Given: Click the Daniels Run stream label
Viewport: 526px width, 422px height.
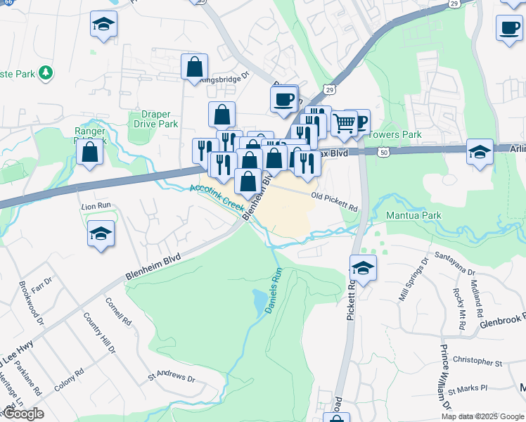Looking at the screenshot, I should pyautogui.click(x=272, y=293).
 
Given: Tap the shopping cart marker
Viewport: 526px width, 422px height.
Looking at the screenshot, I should pyautogui.click(x=344, y=124).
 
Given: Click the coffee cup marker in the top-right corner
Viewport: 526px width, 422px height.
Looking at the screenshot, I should pyautogui.click(x=509, y=28).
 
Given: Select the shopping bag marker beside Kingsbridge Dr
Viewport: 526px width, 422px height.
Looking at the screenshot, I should pyautogui.click(x=194, y=68).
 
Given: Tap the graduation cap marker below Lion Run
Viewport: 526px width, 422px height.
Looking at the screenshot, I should pyautogui.click(x=101, y=234).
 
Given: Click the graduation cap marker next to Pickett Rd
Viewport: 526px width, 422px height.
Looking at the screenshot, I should pyautogui.click(x=363, y=268).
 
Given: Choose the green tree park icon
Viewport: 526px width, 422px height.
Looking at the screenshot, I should pyautogui.click(x=46, y=72).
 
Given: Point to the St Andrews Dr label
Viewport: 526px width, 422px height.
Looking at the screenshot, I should pyautogui.click(x=171, y=378).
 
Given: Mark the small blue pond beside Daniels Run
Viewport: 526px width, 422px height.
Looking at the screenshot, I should pyautogui.click(x=261, y=302).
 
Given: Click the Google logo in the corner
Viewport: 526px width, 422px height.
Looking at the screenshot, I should pyautogui.click(x=23, y=414).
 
